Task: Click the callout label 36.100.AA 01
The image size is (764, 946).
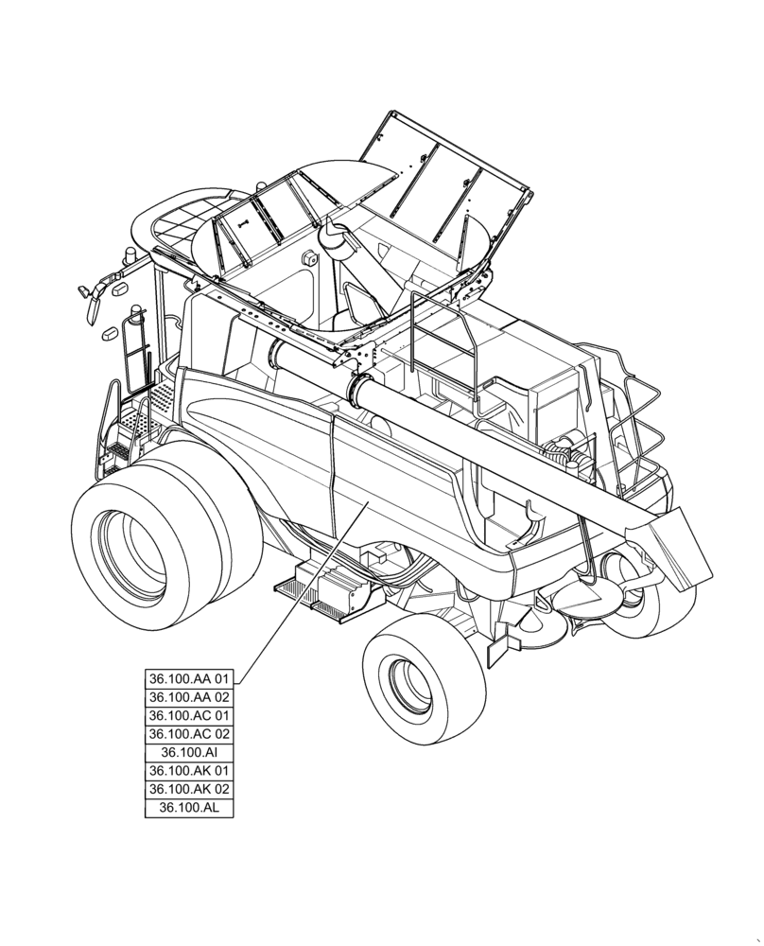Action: pyautogui.click(x=188, y=679)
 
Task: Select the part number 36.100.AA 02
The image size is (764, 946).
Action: pyautogui.click(x=188, y=697)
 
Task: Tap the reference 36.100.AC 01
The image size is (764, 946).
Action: pyautogui.click(x=188, y=715)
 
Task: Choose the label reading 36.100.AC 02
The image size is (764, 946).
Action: pyautogui.click(x=188, y=734)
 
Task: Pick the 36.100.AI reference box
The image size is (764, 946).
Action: pyautogui.click(x=188, y=752)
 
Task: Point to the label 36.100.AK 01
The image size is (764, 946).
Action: pyautogui.click(x=188, y=771)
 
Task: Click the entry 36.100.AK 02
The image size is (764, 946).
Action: pyautogui.click(x=188, y=789)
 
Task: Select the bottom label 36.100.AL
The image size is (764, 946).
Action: pyautogui.click(x=188, y=808)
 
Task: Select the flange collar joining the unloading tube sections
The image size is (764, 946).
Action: pyautogui.click(x=358, y=391)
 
